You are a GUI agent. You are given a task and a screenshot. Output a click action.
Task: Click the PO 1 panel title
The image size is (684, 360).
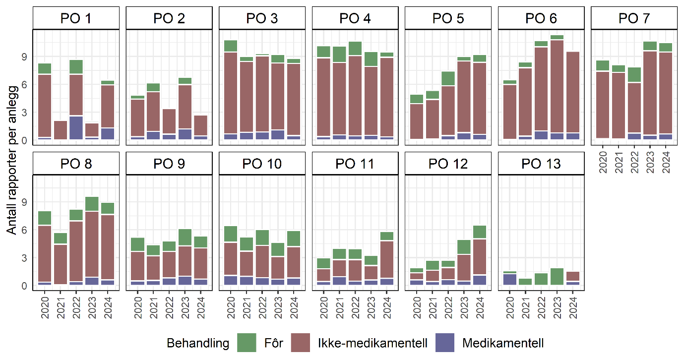point(76,19)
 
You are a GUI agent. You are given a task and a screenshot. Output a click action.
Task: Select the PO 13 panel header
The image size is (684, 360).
point(541,164)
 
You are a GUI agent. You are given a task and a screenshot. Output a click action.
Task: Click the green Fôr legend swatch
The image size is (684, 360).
point(247,343)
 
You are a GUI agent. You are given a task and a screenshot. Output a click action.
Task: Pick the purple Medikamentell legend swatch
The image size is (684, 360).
point(444,343)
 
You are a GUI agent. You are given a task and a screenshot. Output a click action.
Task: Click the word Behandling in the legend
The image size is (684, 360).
point(198,343)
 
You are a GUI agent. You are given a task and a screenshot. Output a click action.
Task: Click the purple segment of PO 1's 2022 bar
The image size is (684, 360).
point(76,127)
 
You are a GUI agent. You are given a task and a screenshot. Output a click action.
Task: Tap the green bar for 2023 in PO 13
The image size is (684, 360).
point(557,277)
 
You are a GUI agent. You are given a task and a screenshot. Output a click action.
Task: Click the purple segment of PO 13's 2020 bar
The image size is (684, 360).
point(510,279)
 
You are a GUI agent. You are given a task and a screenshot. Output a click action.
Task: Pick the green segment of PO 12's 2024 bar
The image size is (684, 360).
point(480,232)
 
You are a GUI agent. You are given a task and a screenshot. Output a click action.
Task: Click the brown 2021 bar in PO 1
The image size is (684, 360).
point(61,130)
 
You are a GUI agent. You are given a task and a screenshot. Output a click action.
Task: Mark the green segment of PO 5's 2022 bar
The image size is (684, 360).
point(448,78)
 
